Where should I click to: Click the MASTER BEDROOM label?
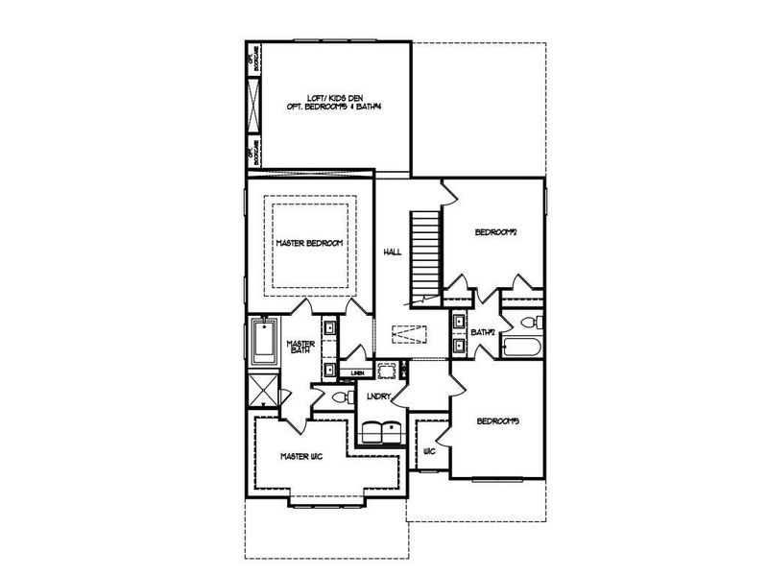[309, 243]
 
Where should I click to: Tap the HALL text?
[392, 252]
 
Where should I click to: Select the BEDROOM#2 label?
[496, 232]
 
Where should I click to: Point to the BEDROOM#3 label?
[498, 420]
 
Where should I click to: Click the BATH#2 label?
[483, 333]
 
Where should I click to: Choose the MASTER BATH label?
[300, 347]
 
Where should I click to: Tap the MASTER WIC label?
[300, 456]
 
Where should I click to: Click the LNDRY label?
[378, 396]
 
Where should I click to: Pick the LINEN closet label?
[357, 372]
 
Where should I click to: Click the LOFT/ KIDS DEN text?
[328, 98]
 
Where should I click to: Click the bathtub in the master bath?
[263, 343]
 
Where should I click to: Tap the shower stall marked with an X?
[262, 389]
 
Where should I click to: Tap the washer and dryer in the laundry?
[381, 430]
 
